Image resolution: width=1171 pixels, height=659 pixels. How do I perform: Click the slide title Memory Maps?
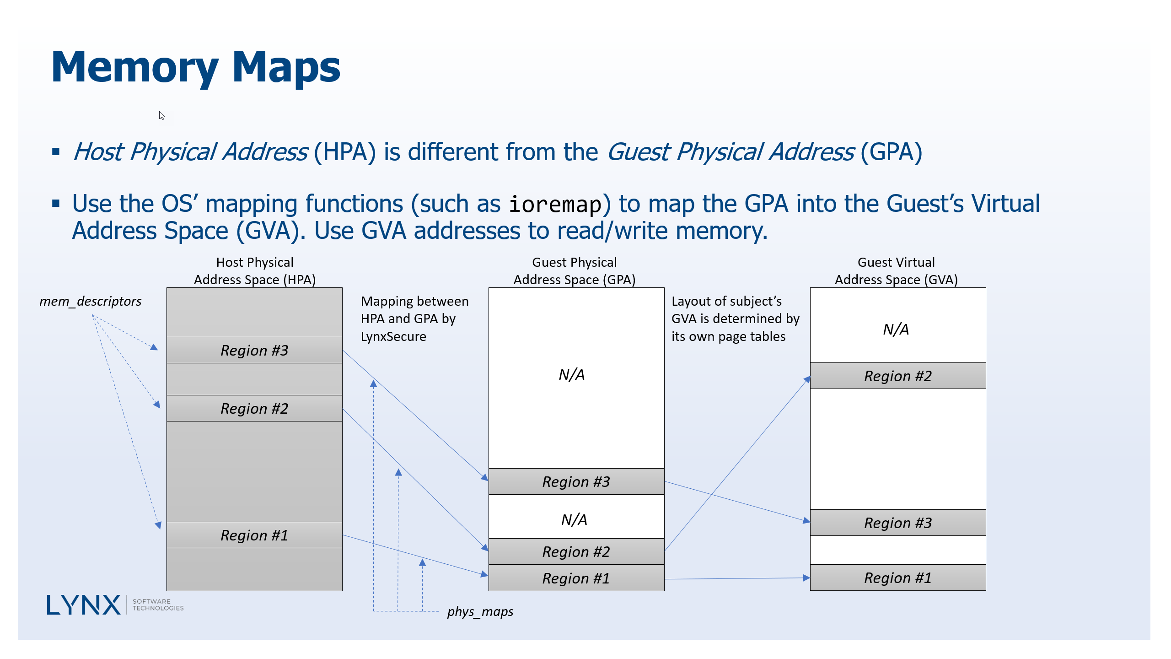point(196,68)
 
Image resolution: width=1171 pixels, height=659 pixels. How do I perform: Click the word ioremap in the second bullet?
point(555,204)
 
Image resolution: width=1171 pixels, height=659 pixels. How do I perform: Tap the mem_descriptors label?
point(90,301)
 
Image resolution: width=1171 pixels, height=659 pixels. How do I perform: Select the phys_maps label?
point(480,611)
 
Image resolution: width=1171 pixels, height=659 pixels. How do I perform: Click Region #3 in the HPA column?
point(254,351)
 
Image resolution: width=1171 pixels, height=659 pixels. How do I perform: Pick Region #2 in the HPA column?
point(254,409)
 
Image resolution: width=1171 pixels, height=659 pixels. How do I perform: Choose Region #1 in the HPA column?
point(254,535)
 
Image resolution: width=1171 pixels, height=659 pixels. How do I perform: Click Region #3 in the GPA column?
point(576,482)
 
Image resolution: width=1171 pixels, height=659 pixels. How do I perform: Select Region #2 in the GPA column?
point(576,552)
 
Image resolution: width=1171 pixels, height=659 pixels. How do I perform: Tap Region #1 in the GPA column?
point(576,578)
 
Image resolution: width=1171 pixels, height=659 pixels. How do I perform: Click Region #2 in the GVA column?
point(897,376)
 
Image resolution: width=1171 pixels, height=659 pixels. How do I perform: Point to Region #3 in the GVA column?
point(897,523)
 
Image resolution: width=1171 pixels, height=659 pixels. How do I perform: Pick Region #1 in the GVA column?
point(897,578)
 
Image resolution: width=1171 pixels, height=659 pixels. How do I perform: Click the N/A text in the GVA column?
point(896,329)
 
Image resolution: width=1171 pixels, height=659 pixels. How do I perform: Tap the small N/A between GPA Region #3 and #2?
point(574,520)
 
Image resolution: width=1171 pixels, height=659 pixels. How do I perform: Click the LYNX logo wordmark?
point(84,605)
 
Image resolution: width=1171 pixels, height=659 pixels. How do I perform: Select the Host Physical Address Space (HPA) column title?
point(255,271)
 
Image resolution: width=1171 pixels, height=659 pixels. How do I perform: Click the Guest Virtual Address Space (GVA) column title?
point(896,271)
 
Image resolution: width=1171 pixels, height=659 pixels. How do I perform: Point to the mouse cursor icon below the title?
point(161,115)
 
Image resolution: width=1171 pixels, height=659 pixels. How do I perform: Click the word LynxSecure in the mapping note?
point(393,337)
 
